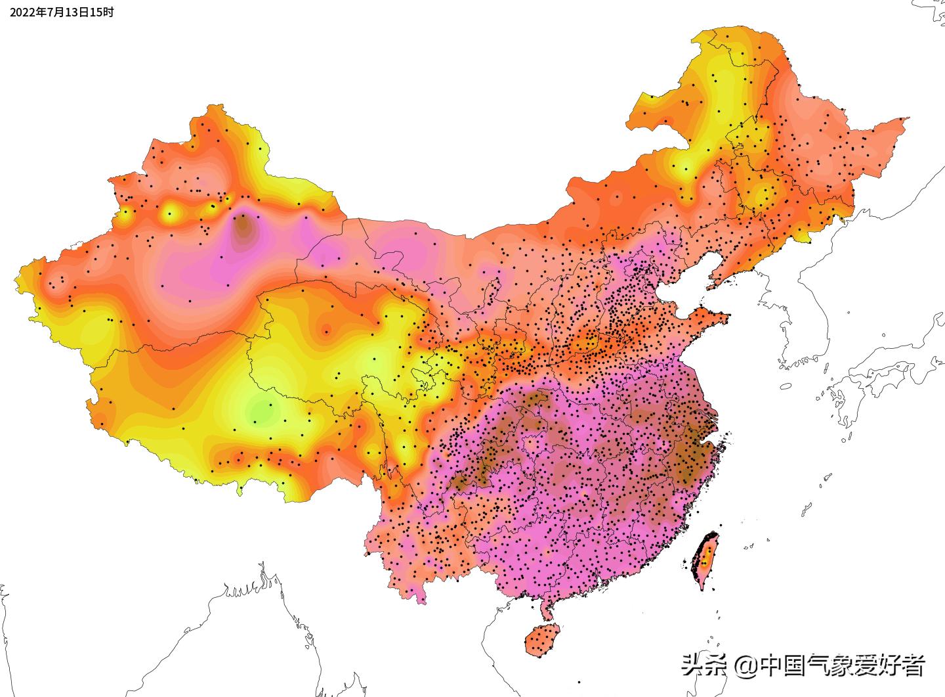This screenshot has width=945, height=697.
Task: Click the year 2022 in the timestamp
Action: tap(22, 12)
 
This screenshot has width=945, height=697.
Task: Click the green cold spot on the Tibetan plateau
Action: tap(261, 413)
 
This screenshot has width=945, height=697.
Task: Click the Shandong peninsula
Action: tap(705, 319)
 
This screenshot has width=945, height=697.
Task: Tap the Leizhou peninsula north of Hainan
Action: tap(545, 608)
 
